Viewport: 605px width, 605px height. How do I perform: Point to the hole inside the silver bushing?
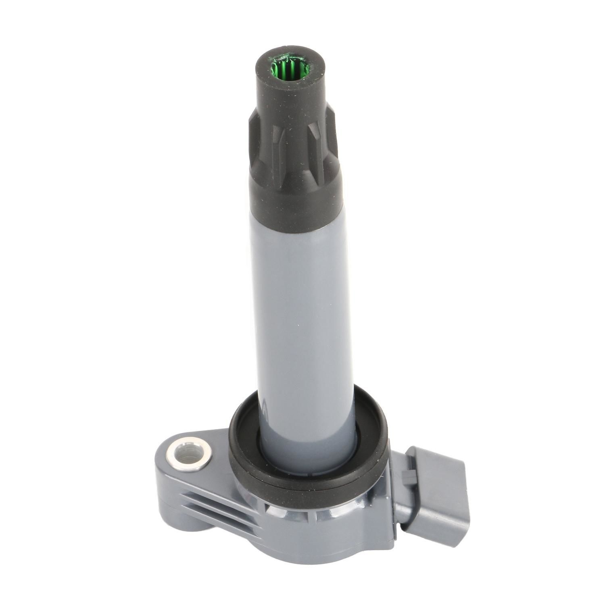tap(190, 459)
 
